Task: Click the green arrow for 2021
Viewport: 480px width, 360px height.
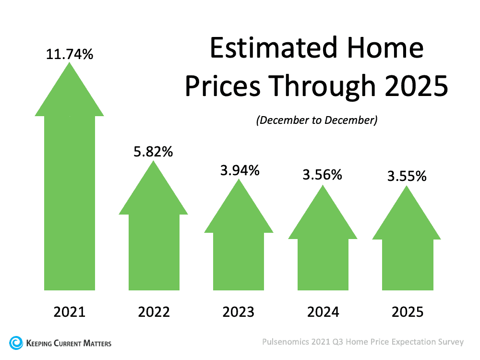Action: click(70, 192)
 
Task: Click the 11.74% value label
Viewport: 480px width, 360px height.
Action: click(70, 54)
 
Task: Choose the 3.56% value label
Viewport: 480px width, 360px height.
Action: click(323, 175)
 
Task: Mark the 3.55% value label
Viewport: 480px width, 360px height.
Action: click(407, 176)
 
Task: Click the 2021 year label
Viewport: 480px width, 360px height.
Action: click(70, 312)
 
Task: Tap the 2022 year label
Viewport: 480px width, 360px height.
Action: click(154, 312)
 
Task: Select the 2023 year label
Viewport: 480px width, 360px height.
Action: click(239, 312)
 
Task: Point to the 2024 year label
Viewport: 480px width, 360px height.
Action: click(323, 312)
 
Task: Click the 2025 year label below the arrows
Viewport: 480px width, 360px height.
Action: click(407, 312)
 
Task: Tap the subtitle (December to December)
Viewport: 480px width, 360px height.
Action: click(317, 120)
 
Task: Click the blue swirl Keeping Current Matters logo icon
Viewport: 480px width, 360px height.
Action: click(16, 343)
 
